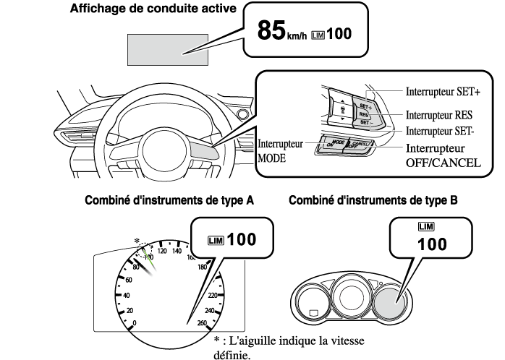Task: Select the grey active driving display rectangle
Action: [x=166, y=51]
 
